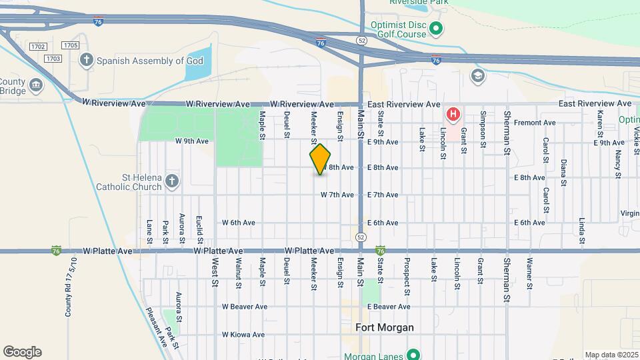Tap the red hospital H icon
[x=453, y=114]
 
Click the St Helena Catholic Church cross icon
[x=172, y=181]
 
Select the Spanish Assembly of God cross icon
[x=86, y=61]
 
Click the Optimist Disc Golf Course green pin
[x=436, y=28]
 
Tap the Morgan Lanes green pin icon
[x=413, y=355]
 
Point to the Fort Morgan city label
[x=385, y=327]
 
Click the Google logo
[x=22, y=352]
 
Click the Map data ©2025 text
[x=611, y=355]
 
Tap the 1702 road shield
[x=38, y=46]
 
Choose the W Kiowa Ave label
[x=244, y=335]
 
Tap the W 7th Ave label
[x=337, y=195]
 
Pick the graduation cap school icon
[x=477, y=75]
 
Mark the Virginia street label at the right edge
[x=630, y=213]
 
